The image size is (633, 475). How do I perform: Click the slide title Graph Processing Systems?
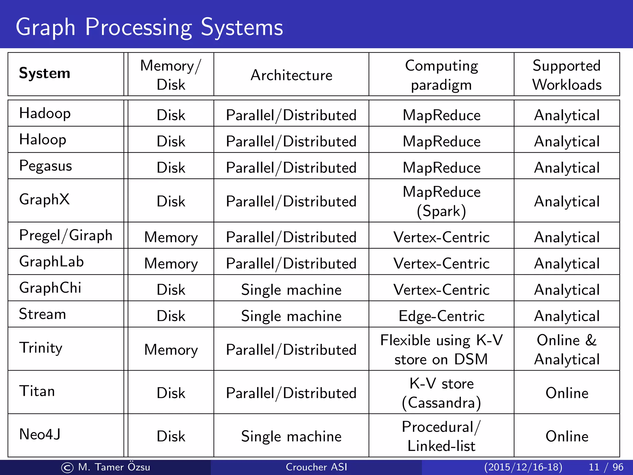click(x=149, y=27)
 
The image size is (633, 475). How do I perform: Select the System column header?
click(x=45, y=73)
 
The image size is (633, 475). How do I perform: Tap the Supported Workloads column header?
click(x=567, y=75)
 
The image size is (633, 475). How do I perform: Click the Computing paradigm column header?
click(x=441, y=75)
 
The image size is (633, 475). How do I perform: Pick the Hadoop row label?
click(x=45, y=113)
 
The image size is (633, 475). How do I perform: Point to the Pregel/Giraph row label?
click(x=66, y=235)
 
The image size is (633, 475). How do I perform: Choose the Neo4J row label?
click(x=40, y=434)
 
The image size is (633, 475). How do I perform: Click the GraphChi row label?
click(x=50, y=288)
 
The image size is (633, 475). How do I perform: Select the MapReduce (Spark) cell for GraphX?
click(x=441, y=201)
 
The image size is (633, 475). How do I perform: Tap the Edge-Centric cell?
click(x=441, y=316)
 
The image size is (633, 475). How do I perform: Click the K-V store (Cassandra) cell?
click(x=441, y=393)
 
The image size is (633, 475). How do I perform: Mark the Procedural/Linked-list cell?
click(x=441, y=436)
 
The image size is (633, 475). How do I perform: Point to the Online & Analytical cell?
click(x=567, y=349)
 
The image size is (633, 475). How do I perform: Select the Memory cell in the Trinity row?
click(x=171, y=350)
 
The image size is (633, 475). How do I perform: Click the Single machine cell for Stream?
click(x=291, y=316)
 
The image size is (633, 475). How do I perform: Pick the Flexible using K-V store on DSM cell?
click(x=441, y=349)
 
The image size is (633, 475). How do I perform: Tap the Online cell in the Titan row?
click(x=567, y=393)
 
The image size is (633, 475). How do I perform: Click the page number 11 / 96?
click(x=606, y=467)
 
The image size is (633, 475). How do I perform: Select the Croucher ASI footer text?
click(x=316, y=467)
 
